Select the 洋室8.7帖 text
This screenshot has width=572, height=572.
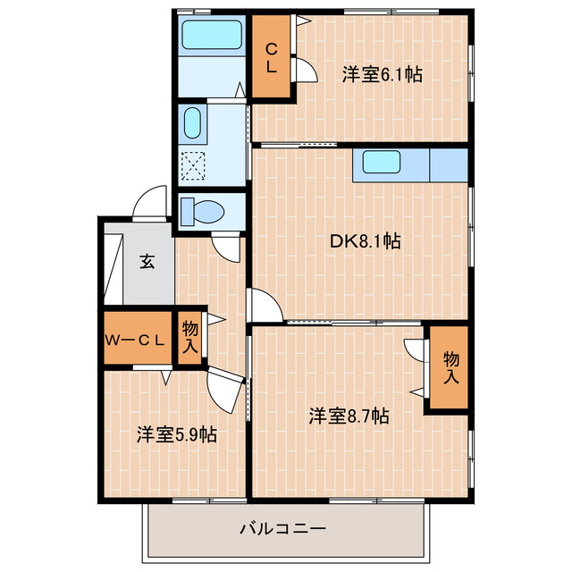point(349,416)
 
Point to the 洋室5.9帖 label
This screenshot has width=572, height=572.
point(176,434)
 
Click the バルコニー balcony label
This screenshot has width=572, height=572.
point(282,527)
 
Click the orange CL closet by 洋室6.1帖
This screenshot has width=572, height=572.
point(270,56)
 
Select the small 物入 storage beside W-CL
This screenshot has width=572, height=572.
point(190,338)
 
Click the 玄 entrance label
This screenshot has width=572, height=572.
point(145,262)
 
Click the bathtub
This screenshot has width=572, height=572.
point(211,37)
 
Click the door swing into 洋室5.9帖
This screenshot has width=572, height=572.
point(226,388)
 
